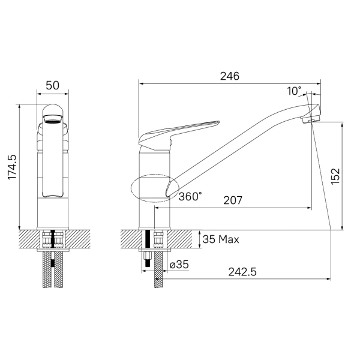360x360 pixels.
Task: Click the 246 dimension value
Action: pyautogui.click(x=230, y=76)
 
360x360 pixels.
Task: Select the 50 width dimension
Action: pyautogui.click(x=53, y=85)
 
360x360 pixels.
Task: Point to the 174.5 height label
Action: pyautogui.click(x=12, y=167)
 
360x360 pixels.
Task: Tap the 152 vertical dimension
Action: pyautogui.click(x=335, y=176)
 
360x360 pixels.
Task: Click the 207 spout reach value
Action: pyautogui.click(x=233, y=200)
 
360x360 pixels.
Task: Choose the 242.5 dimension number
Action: pyautogui.click(x=242, y=272)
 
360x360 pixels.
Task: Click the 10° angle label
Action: pyautogui.click(x=294, y=91)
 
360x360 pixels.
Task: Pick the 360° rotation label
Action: pyautogui.click(x=190, y=197)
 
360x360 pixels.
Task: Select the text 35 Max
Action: pyautogui.click(x=221, y=239)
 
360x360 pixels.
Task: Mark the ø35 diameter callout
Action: pyautogui.click(x=179, y=265)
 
